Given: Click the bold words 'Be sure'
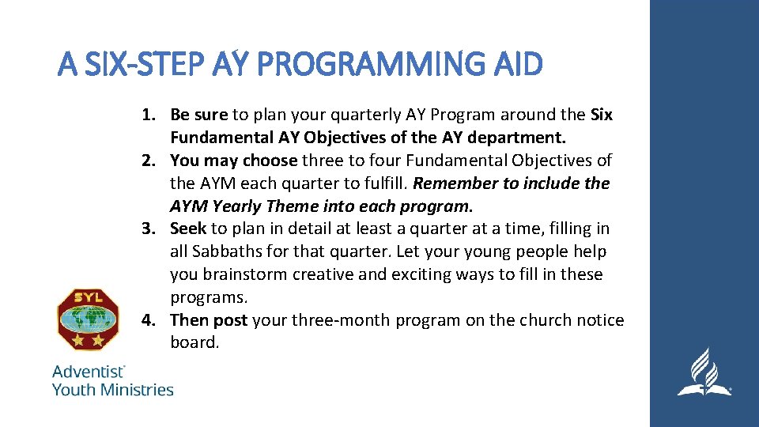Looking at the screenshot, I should (198, 115).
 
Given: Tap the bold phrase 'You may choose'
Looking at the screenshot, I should (233, 161).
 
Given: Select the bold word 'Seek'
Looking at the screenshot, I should (188, 229).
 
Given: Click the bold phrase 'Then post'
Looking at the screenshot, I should (209, 320).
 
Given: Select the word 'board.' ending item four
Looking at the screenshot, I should (194, 343).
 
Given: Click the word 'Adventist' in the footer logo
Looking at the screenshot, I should (88, 371).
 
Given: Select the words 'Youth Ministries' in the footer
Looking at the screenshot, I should (112, 389).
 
